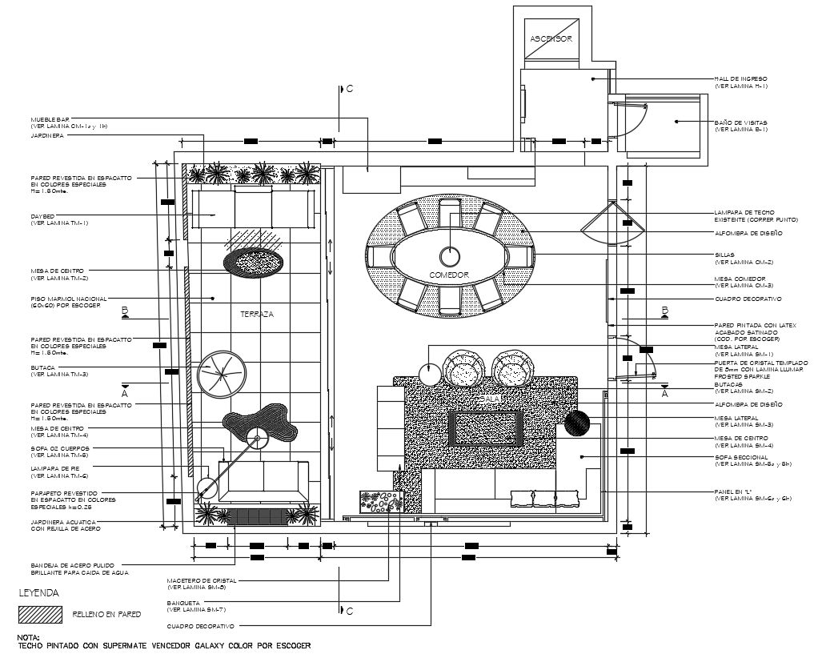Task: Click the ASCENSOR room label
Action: tap(551, 38)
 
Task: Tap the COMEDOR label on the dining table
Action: tap(448, 275)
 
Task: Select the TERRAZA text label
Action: tap(257, 315)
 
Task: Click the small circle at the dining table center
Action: tap(450, 256)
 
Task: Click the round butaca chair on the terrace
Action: tap(221, 374)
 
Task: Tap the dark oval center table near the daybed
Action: tap(252, 261)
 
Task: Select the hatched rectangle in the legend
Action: tap(40, 614)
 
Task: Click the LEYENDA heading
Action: tap(38, 594)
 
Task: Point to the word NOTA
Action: tap(28, 637)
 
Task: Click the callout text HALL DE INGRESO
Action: tap(741, 78)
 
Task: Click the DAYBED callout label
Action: tap(42, 216)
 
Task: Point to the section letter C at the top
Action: tap(349, 89)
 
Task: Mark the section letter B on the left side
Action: tap(124, 309)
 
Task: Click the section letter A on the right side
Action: tap(664, 394)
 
